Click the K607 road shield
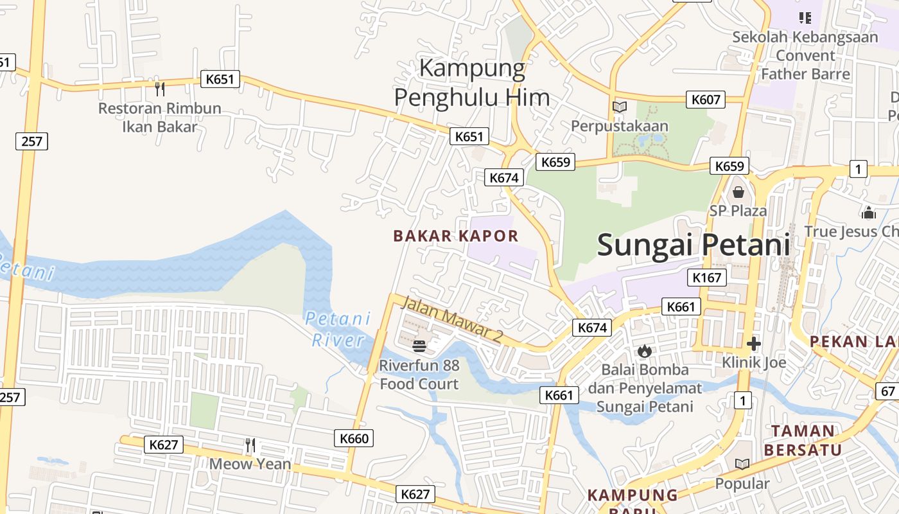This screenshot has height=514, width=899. tap(707, 100)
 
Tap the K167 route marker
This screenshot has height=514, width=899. tap(707, 278)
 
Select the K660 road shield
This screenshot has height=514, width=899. tap(354, 439)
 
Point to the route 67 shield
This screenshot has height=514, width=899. tap(888, 391)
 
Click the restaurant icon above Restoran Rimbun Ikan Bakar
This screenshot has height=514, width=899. tap(160, 89)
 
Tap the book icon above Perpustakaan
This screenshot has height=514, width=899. tap(620, 107)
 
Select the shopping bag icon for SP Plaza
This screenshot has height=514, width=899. tap(738, 192)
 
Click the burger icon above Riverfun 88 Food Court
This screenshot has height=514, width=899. tap(419, 347)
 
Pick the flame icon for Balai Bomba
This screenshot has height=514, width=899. tap(645, 351)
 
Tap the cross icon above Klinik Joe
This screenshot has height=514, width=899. tap(754, 344)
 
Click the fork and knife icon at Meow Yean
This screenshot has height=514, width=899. tap(250, 445)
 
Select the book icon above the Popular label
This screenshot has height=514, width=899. tap(742, 464)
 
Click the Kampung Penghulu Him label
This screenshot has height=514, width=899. tap(472, 83)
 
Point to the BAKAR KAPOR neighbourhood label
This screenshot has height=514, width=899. tap(456, 236)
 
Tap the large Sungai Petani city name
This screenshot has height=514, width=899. tap(694, 245)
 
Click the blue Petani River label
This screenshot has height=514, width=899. tap(338, 329)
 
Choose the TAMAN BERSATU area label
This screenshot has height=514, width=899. tap(803, 440)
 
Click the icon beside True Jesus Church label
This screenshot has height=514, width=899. tap(869, 213)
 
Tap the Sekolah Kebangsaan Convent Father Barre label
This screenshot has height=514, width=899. tap(805, 55)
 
